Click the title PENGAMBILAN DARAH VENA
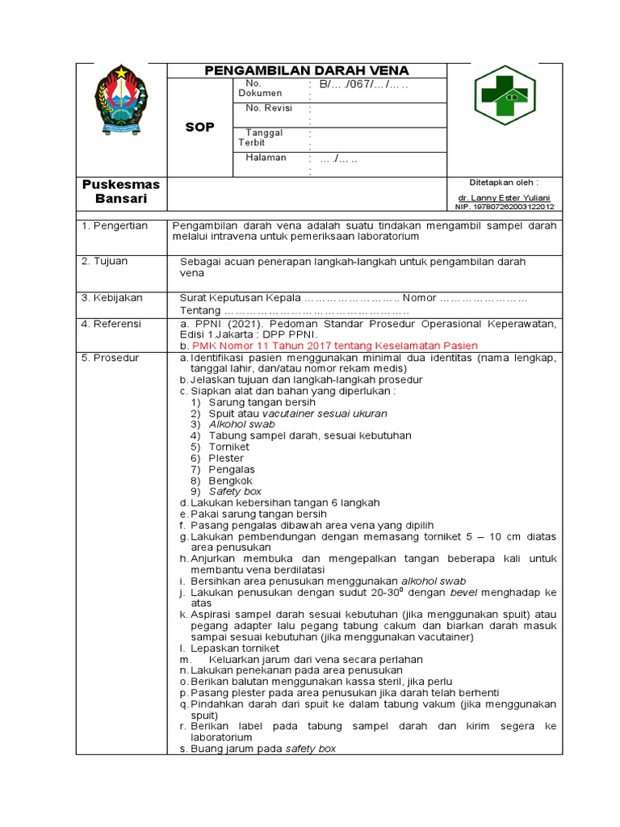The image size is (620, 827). coord(307,70)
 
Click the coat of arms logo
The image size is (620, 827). coord(120,103)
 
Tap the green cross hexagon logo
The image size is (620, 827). coord(505,95)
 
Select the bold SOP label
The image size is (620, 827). coord(199,128)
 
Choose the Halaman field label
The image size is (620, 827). coord(266,157)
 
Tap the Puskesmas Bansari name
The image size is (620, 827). coord(121,191)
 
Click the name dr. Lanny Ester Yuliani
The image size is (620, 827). coord(504,197)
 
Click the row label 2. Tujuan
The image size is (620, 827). coord(105,261)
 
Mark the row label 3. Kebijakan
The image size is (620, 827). coord(111,297)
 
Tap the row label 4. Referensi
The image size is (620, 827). coord(111,323)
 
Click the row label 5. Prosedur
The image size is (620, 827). coord(110,357)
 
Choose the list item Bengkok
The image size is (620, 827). coord(231,481)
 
